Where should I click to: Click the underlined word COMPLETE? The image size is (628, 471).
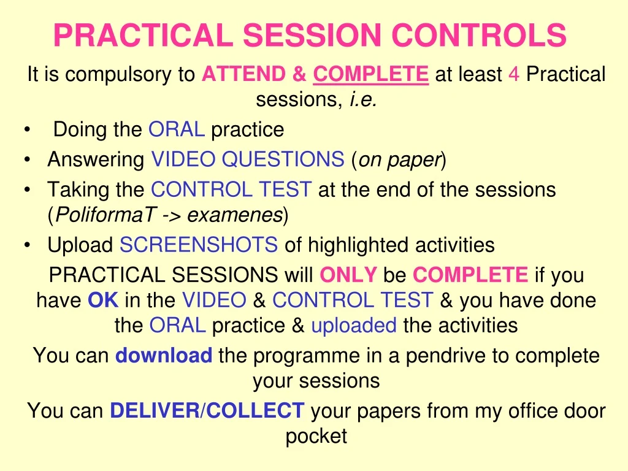[370, 75]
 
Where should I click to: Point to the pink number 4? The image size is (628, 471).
[515, 75]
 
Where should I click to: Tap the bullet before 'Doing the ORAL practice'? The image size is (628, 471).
[28, 130]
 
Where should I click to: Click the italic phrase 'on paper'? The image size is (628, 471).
[399, 160]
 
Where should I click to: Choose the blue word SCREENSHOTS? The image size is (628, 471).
[199, 245]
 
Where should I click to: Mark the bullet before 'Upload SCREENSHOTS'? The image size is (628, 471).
[28, 245]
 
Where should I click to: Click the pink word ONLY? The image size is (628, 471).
[348, 275]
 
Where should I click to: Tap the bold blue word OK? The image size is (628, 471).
[103, 301]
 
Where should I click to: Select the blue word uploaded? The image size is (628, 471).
[354, 325]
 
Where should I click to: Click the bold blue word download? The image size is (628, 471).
[164, 355]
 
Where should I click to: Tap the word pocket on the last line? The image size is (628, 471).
[316, 436]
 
